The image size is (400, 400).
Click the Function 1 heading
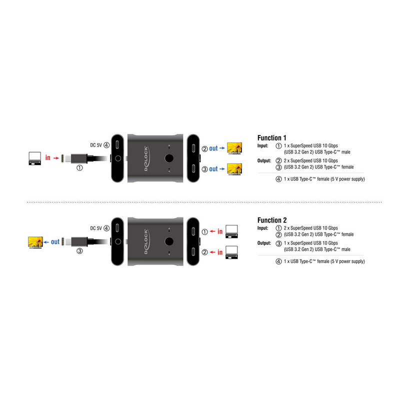pyautogui.click(x=271, y=138)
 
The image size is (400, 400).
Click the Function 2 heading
pyautogui.click(x=272, y=220)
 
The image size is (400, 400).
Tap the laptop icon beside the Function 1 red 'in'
pyautogui.click(x=34, y=158)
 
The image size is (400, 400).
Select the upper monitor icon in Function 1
pyautogui.click(x=234, y=148)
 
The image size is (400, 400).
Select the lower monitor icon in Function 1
pyautogui.click(x=234, y=169)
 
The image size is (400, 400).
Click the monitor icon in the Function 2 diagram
pyautogui.click(x=35, y=242)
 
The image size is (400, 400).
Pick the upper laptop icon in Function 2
pyautogui.click(x=231, y=231)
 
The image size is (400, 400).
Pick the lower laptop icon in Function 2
pyautogui.click(x=231, y=252)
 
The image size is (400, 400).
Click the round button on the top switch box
pyautogui.click(x=169, y=158)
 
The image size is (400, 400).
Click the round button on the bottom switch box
pyautogui.click(x=169, y=241)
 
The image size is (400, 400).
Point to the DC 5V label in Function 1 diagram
pyautogui.click(x=96, y=145)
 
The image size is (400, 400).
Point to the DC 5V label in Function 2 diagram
pyautogui.click(x=96, y=228)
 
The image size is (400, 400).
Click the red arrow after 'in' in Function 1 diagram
pyautogui.click(x=56, y=158)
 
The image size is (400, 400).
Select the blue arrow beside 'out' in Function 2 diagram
pyautogui.click(x=46, y=242)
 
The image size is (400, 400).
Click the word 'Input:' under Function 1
pyautogui.click(x=263, y=145)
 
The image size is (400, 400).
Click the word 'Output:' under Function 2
pyautogui.click(x=264, y=243)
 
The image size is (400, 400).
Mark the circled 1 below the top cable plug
pyautogui.click(x=79, y=168)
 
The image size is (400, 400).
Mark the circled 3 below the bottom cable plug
pyautogui.click(x=79, y=251)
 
